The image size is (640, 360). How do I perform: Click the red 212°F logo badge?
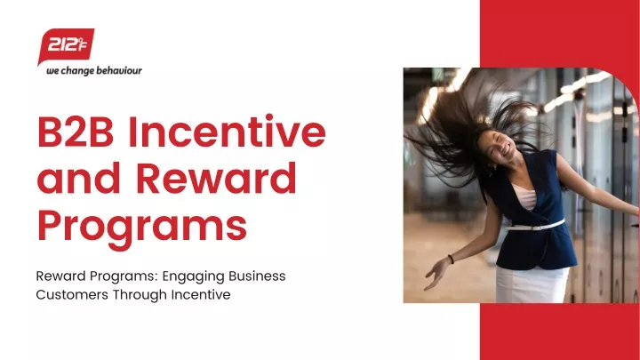[x=66, y=45]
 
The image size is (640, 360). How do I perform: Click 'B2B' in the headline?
[x=76, y=132]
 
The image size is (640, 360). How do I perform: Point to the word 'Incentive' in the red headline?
[x=227, y=132]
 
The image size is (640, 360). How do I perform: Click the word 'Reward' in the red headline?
[x=216, y=178]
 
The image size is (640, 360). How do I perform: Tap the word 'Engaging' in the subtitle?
[x=193, y=276]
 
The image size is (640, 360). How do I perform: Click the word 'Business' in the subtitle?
[x=257, y=276]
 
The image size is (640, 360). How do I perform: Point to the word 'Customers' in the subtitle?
[x=72, y=294]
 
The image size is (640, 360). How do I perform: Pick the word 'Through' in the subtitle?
[x=140, y=295]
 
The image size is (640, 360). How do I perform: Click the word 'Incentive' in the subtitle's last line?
[x=201, y=294]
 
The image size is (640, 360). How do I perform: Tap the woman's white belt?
[x=535, y=226]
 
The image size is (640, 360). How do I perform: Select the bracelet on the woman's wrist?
[x=451, y=259]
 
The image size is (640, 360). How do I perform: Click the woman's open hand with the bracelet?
[x=436, y=275]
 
